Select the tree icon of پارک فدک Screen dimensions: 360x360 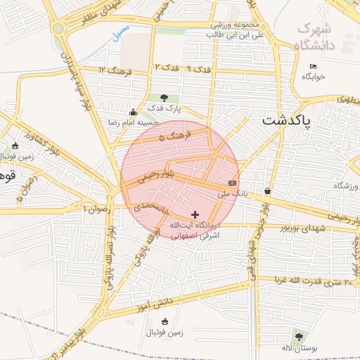164,98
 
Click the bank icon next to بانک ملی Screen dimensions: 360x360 232,182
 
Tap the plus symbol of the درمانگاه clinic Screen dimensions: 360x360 195,214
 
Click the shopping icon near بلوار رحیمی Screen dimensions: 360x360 267,191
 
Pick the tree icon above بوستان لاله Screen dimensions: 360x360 299,337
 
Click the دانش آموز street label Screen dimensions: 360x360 157,302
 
